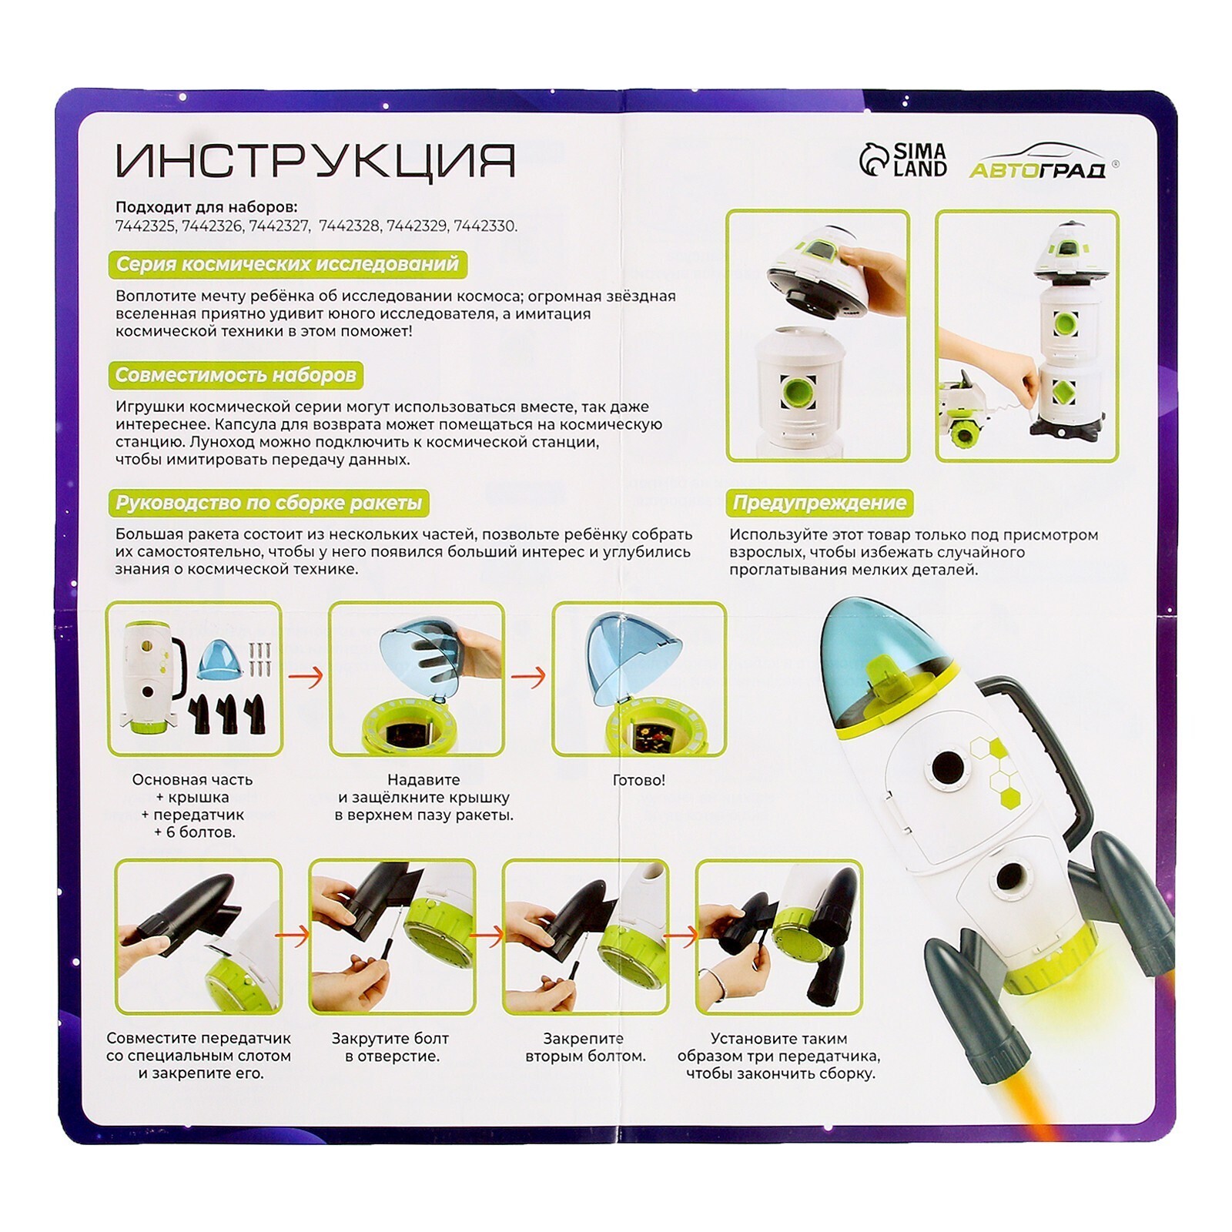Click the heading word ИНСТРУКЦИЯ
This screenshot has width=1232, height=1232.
[x=315, y=161]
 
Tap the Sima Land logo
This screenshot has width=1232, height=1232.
[x=902, y=160]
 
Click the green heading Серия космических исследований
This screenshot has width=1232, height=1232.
[x=287, y=264]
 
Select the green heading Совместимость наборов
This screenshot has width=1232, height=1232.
[x=236, y=375]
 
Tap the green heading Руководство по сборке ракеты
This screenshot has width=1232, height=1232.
[x=269, y=503]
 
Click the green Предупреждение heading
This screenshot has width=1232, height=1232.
[x=819, y=503]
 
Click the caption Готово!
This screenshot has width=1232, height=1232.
[x=638, y=780]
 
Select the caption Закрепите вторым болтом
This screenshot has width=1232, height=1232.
[x=585, y=1047]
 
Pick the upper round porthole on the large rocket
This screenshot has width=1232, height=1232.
[x=948, y=767]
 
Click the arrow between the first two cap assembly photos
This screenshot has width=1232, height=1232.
[x=306, y=677]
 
